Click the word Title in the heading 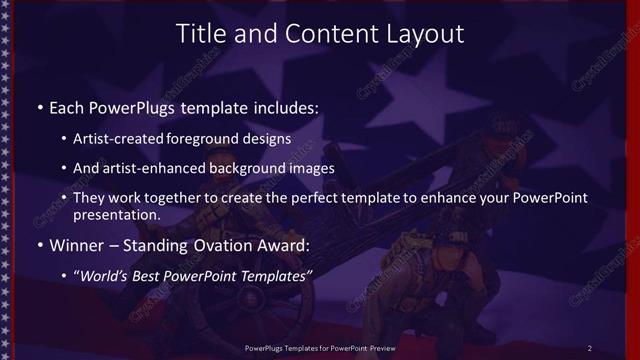(x=201, y=33)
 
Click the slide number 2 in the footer (x=590, y=347)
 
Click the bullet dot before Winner (x=39, y=245)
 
